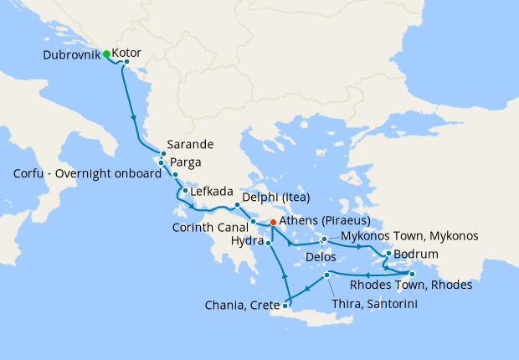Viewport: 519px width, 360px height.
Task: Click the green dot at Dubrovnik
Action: click(107, 54)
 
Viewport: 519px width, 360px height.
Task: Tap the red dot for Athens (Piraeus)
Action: click(273, 222)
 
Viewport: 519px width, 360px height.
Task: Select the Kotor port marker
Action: click(126, 62)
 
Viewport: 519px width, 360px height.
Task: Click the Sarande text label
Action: click(191, 144)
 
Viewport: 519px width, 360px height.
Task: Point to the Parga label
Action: click(186, 162)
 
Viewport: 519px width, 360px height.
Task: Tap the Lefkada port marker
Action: click(184, 191)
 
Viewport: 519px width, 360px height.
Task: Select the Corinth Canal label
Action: click(209, 226)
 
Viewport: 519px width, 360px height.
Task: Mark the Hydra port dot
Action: click(268, 243)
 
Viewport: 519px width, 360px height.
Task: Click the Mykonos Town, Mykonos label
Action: click(409, 236)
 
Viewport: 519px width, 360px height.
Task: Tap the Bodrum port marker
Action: click(388, 253)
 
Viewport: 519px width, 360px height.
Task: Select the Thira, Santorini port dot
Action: click(326, 275)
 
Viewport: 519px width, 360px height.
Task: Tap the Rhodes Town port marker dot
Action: click(412, 275)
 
